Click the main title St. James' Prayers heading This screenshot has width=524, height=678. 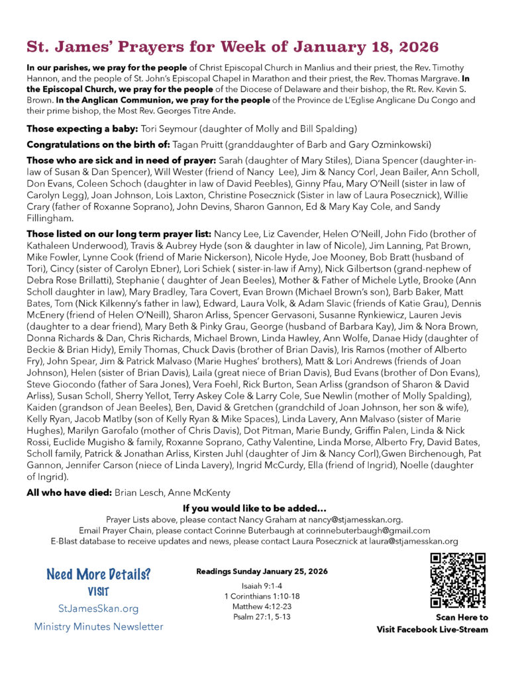[233, 47]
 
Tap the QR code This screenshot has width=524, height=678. [458, 580]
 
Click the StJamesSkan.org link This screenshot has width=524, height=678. [98, 608]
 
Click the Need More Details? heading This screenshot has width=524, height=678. [98, 574]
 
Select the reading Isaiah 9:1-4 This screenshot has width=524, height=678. [262, 587]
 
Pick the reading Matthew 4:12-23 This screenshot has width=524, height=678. [262, 607]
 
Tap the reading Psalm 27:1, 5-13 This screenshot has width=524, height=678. [262, 617]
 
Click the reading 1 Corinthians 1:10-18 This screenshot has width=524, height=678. [262, 597]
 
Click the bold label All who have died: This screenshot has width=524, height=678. [69, 493]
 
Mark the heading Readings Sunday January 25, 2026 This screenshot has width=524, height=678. [262, 571]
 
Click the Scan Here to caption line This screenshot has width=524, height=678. [461, 618]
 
